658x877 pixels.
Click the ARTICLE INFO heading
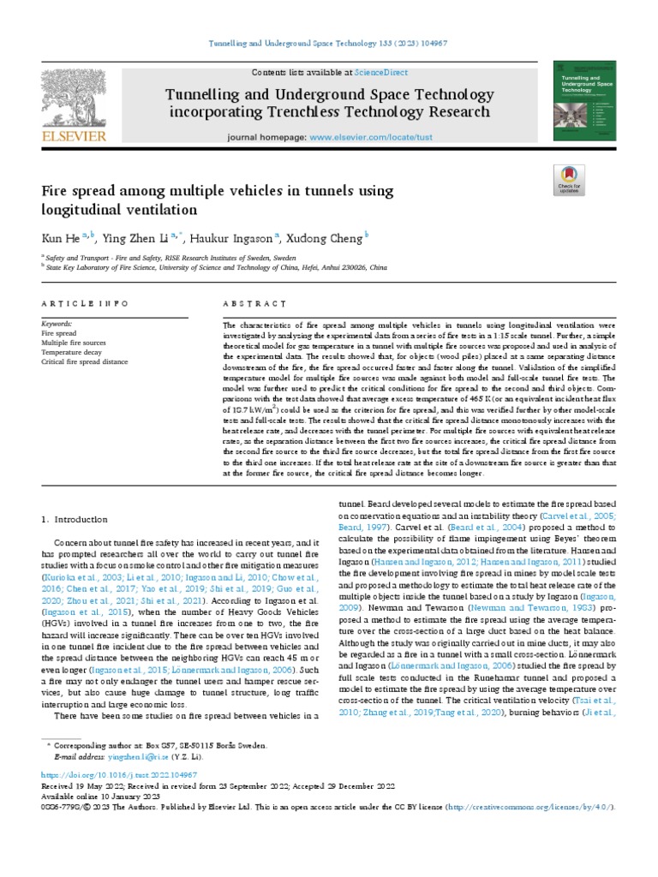[x=85, y=304]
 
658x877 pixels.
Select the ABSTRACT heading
[x=254, y=304]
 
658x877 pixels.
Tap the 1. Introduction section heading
[x=75, y=519]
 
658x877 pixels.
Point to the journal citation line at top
[x=329, y=44]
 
